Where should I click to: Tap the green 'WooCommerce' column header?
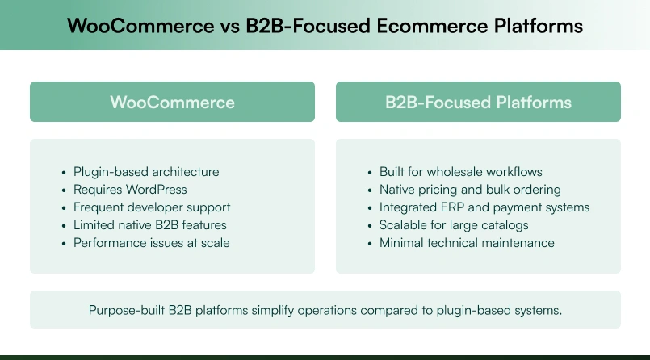172,103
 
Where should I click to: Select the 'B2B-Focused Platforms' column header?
478,103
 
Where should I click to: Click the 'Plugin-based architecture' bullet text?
146,172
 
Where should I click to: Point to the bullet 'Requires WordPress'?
130,190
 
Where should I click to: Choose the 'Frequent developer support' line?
152,207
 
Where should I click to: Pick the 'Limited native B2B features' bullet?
150,225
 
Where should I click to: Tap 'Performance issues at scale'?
152,243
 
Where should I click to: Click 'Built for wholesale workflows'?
460,172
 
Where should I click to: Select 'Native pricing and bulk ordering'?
470,190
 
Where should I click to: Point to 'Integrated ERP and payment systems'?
484,207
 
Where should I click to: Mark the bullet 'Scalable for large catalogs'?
454,225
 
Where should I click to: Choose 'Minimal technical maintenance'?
467,243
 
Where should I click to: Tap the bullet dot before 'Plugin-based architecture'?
64,172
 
